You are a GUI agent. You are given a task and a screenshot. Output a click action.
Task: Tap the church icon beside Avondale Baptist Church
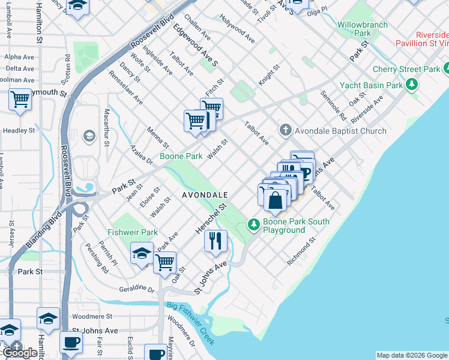(286, 130)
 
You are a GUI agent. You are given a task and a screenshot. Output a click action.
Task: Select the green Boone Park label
(181, 156)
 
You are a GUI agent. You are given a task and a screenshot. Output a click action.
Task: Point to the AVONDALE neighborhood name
(205, 195)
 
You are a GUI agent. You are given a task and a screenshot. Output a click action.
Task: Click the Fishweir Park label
(133, 232)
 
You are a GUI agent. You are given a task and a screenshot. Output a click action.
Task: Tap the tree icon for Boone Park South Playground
(254, 225)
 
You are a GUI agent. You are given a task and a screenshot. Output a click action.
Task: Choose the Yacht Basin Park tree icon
(412, 85)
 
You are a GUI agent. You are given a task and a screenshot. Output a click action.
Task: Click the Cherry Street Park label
(406, 70)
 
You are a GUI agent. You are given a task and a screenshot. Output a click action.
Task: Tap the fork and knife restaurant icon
(215, 241)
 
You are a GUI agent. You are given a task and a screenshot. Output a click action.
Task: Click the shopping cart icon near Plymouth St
(20, 99)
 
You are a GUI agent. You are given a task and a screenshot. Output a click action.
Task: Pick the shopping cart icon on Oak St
(164, 262)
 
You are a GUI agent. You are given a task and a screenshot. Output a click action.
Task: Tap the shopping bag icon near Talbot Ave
(276, 200)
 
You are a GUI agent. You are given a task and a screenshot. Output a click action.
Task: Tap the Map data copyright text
(412, 355)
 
